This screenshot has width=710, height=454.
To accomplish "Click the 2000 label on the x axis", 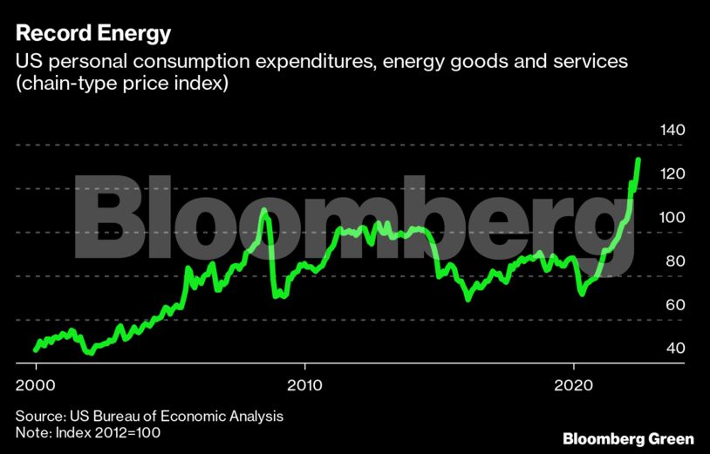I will click(35, 385).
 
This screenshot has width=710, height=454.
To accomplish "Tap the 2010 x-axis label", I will click(304, 385).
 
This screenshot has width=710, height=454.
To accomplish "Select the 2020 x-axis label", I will click(574, 385).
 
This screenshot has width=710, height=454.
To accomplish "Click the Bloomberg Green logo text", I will click(628, 437).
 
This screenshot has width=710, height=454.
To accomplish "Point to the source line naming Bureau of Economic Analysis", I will click(147, 417).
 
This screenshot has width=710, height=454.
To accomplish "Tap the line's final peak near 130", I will click(638, 160).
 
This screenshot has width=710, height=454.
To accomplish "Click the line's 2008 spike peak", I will click(265, 210).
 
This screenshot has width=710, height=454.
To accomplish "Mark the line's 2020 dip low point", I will click(582, 294).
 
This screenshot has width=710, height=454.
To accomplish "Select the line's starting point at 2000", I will click(36, 349).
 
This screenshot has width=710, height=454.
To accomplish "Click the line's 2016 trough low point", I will click(468, 299).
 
